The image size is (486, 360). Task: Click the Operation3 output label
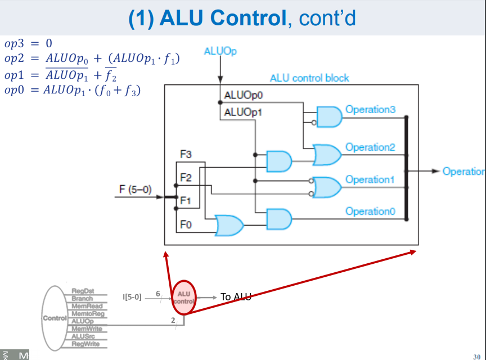coord(371,110)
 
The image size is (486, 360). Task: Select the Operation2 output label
coord(371,147)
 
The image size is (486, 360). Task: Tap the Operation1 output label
coord(371,179)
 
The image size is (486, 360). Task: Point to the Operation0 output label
coord(371,211)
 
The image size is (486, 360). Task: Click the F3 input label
coord(186,154)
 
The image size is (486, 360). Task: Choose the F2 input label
coord(186,178)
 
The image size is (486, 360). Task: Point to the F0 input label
coord(186,225)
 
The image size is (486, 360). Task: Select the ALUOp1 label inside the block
coord(239,112)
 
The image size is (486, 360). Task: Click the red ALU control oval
coord(184,297)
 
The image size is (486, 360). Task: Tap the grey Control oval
coord(55,318)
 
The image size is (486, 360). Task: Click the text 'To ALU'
coord(235,297)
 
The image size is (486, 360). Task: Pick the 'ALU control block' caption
coord(309,78)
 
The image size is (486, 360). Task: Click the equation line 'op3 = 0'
coord(28,43)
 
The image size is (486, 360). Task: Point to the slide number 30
coord(477,356)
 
